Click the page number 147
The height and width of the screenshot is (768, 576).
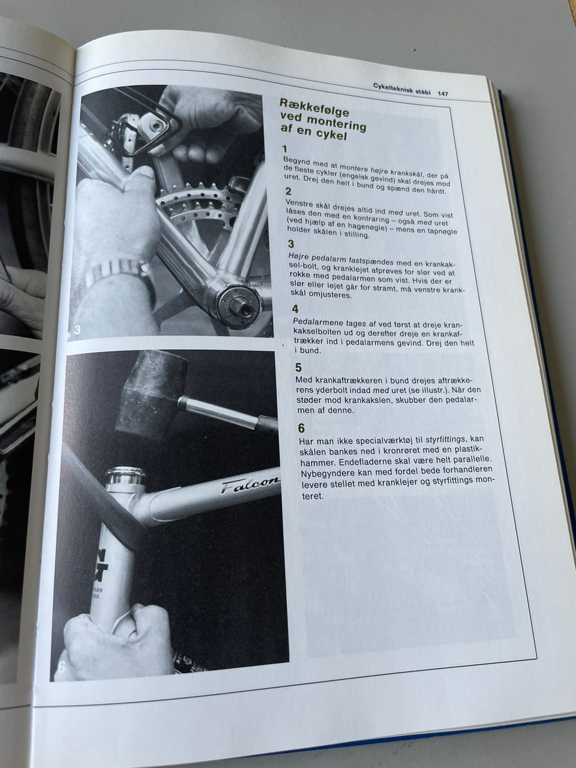click(x=442, y=94)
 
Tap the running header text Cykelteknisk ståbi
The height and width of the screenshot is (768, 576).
click(x=402, y=89)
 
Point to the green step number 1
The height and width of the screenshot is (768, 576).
click(x=284, y=149)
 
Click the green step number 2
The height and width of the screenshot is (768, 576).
click(x=288, y=191)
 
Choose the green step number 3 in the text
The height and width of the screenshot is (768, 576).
click(x=290, y=244)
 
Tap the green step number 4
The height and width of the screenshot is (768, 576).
click(x=295, y=309)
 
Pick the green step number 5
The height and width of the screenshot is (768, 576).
click(x=298, y=367)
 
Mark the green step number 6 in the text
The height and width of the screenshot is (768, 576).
click(x=301, y=428)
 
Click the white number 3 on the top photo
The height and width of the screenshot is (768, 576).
click(x=77, y=329)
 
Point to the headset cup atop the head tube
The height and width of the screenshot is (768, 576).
click(x=125, y=475)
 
